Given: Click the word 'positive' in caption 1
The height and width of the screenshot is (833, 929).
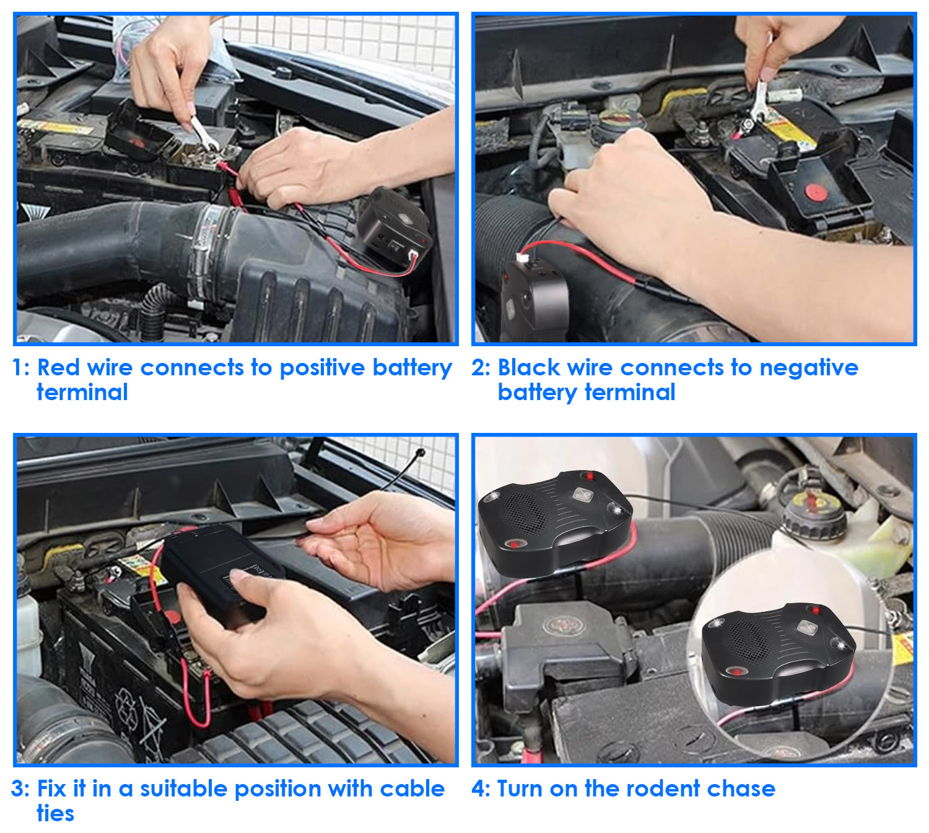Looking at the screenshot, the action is [322, 367].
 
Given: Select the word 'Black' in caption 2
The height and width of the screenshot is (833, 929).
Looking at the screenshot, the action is [529, 367].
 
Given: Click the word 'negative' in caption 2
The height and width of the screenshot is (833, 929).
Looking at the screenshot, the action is [809, 369].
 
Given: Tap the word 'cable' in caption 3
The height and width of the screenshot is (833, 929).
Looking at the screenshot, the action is [412, 788].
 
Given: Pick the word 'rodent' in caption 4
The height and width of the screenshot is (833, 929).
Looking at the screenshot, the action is [663, 789].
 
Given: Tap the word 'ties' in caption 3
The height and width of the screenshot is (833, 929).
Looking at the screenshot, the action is [56, 813].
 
